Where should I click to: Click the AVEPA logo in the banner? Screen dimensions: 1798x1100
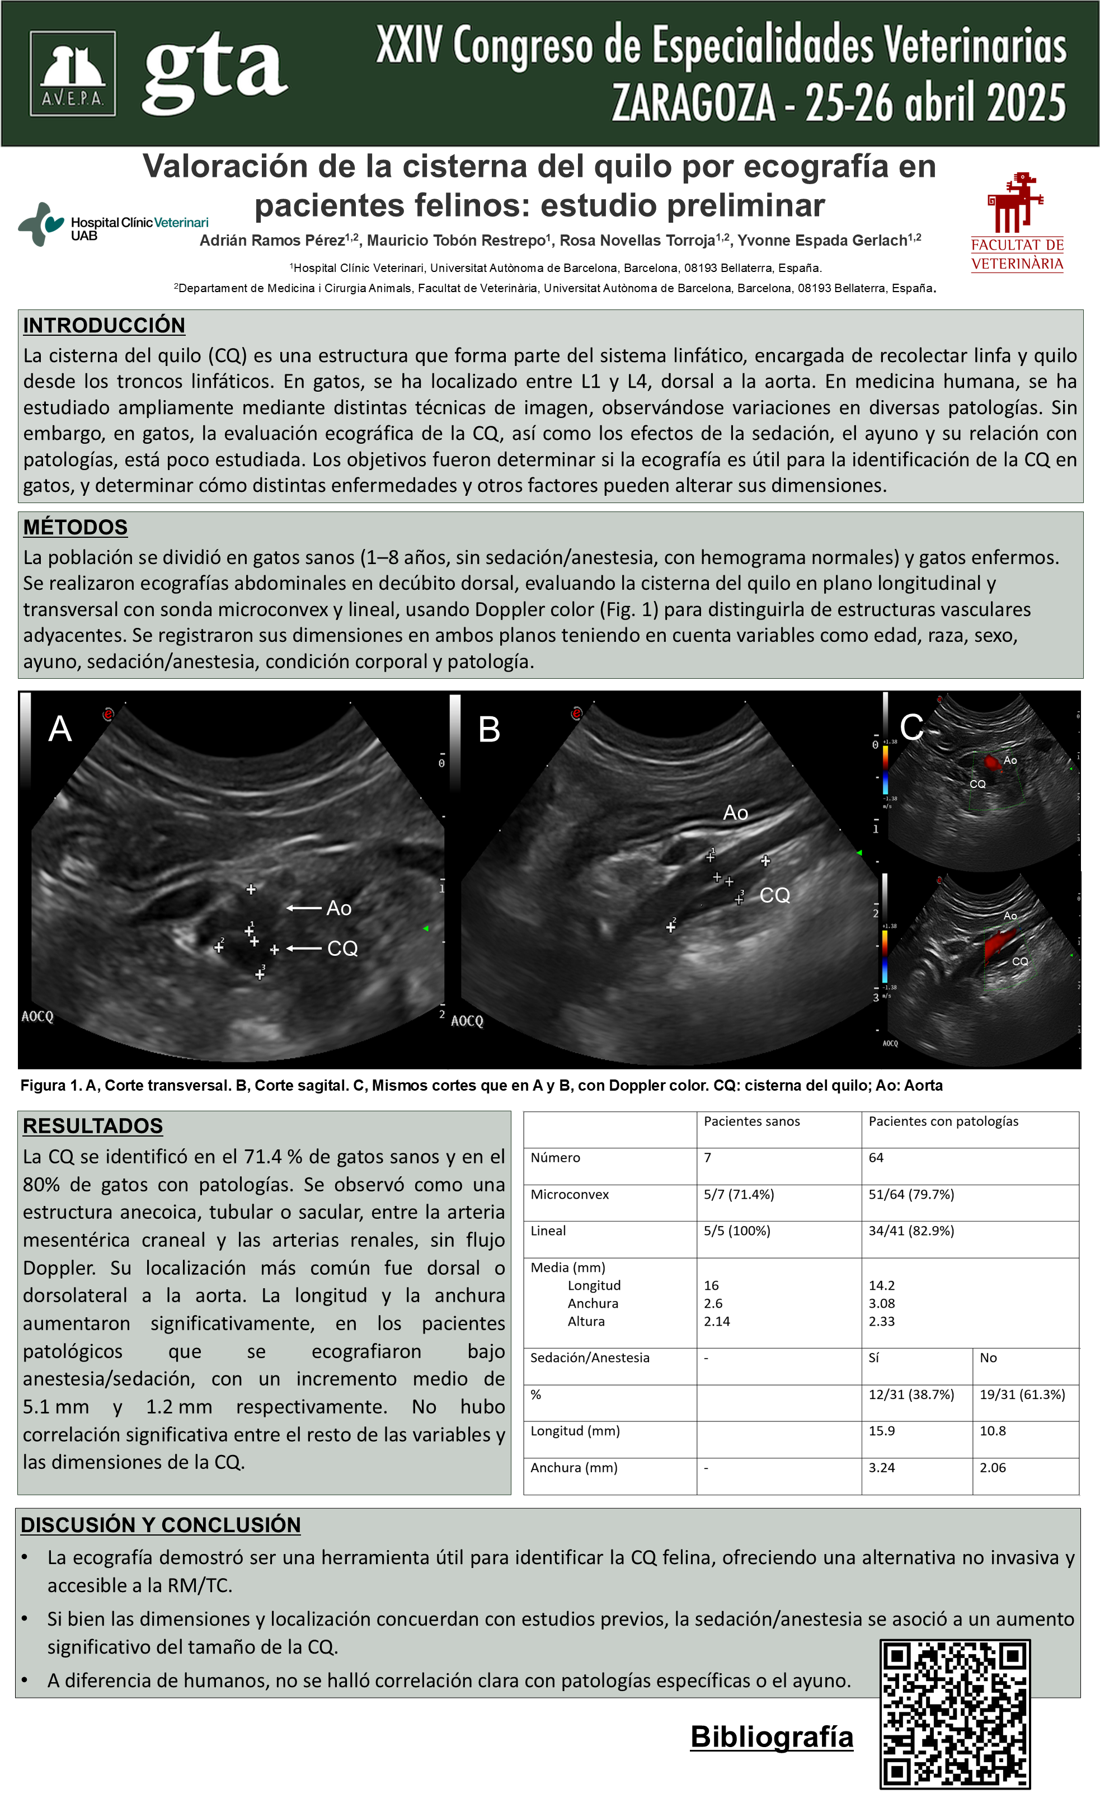click(72, 74)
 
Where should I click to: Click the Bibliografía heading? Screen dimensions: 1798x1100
click(772, 1736)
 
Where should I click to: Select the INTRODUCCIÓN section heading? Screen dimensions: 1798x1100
click(104, 326)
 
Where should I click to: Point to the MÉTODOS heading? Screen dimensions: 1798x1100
click(75, 527)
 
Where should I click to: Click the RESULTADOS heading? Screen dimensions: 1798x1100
click(93, 1125)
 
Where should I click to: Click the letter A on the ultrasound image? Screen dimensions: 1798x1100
click(60, 729)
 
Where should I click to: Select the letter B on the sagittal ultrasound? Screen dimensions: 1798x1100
click(488, 730)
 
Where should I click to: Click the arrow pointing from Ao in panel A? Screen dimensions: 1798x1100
click(304, 908)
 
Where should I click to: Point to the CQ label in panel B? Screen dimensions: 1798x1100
click(775, 895)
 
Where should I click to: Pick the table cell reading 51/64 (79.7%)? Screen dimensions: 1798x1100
click(911, 1194)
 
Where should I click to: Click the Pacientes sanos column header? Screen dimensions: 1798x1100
click(751, 1121)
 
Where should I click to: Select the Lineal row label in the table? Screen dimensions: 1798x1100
click(548, 1231)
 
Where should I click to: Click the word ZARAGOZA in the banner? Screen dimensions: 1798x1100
click(693, 103)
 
